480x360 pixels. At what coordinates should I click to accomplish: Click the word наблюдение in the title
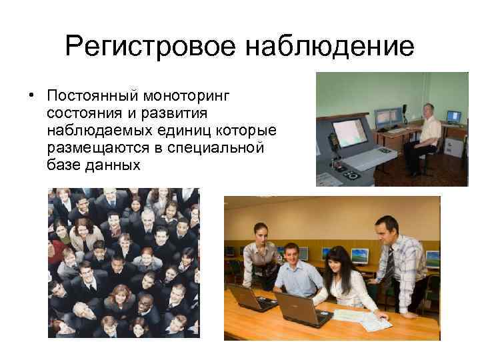click(x=330, y=47)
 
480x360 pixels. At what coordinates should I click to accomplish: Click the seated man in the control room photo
click(x=424, y=137)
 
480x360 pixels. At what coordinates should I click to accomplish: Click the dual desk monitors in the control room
click(x=386, y=119)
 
